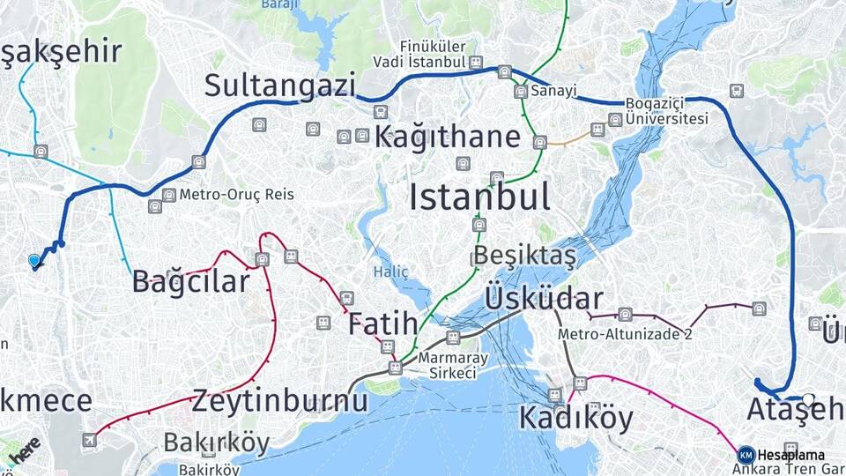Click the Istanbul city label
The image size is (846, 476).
click(x=479, y=197)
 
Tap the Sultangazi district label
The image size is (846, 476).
click(x=280, y=86)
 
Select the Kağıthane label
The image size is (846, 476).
click(x=448, y=138)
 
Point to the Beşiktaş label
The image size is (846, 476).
click(x=524, y=256)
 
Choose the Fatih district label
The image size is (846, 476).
click(x=382, y=324)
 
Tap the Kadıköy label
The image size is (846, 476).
click(x=575, y=417)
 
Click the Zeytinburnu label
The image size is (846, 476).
click(x=279, y=401)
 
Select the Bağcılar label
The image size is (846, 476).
click(x=191, y=282)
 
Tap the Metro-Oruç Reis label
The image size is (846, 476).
click(x=236, y=194)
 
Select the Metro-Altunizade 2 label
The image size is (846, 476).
click(x=625, y=335)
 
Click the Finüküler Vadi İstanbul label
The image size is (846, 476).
click(x=419, y=55)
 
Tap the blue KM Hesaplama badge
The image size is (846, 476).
click(x=746, y=455)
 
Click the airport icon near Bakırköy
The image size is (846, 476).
click(x=89, y=440)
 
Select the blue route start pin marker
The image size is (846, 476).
click(x=34, y=261)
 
